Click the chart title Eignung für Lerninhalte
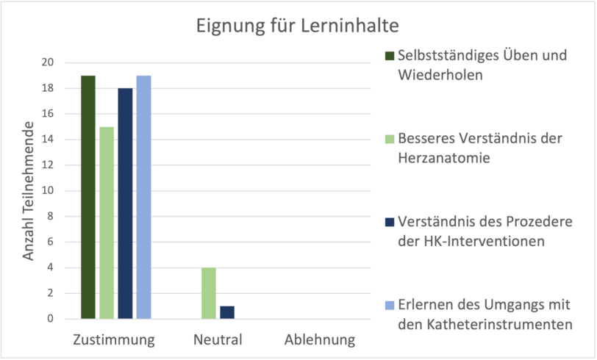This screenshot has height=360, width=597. pyautogui.click(x=297, y=26)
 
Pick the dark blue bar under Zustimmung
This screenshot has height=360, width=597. pyautogui.click(x=125, y=204)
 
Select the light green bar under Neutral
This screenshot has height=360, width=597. pyautogui.click(x=209, y=293)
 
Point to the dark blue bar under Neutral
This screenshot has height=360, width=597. pyautogui.click(x=227, y=312)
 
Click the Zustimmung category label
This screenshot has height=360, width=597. pyautogui.click(x=114, y=340)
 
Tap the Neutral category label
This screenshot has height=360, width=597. pyautogui.click(x=218, y=340)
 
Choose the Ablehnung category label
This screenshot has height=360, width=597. pyautogui.click(x=319, y=340)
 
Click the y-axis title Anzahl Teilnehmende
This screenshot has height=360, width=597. pyautogui.click(x=29, y=192)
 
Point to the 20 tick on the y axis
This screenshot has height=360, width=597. pyautogui.click(x=48, y=63)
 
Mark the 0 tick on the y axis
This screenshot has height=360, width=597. pyautogui.click(x=51, y=319)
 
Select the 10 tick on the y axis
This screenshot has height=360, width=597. pyautogui.click(x=48, y=191)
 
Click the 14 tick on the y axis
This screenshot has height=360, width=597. pyautogui.click(x=48, y=140)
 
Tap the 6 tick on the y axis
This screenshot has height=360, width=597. pyautogui.click(x=51, y=242)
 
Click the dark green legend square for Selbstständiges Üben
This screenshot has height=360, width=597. pyautogui.click(x=389, y=56)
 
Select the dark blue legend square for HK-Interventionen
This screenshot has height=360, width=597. pyautogui.click(x=389, y=222)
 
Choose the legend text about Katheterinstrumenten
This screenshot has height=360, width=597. pyautogui.click(x=485, y=314)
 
